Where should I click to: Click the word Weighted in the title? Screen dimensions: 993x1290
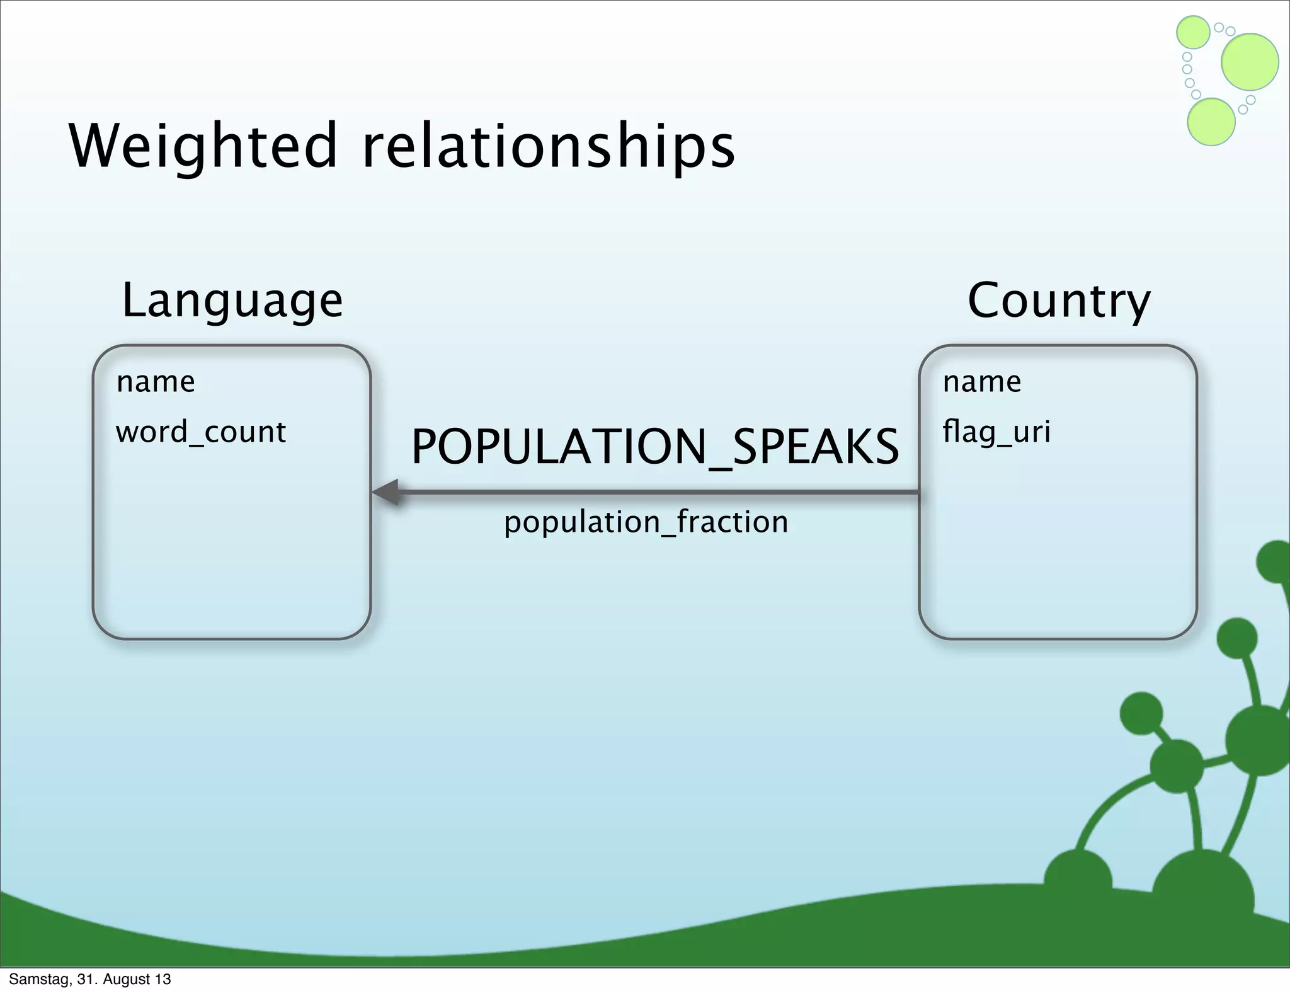tap(203, 146)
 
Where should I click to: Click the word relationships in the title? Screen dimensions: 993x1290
tap(548, 146)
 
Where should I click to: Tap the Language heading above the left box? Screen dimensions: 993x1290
tap(232, 301)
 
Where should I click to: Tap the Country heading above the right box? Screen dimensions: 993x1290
tap(1059, 301)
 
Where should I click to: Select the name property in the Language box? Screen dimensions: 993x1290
tap(156, 382)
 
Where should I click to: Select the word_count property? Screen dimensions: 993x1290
tap(200, 433)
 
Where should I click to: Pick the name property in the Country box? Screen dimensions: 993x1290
tap(981, 382)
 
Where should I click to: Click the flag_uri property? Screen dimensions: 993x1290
tap(996, 433)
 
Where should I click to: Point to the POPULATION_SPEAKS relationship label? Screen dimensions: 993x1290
tap(655, 447)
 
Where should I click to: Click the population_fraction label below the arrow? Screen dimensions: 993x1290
tap(646, 522)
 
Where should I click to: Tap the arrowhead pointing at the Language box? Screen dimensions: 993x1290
tap(385, 492)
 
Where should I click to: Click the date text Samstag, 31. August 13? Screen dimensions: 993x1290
tap(89, 979)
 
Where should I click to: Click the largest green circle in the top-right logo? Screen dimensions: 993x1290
tap(1250, 62)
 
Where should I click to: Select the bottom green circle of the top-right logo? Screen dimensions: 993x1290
tap(1211, 122)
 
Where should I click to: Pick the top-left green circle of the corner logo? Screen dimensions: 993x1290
tap(1193, 32)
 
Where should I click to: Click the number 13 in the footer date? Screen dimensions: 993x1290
tap(163, 979)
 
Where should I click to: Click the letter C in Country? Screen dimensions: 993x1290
tap(985, 301)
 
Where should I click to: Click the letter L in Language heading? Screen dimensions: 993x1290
tap(134, 301)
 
